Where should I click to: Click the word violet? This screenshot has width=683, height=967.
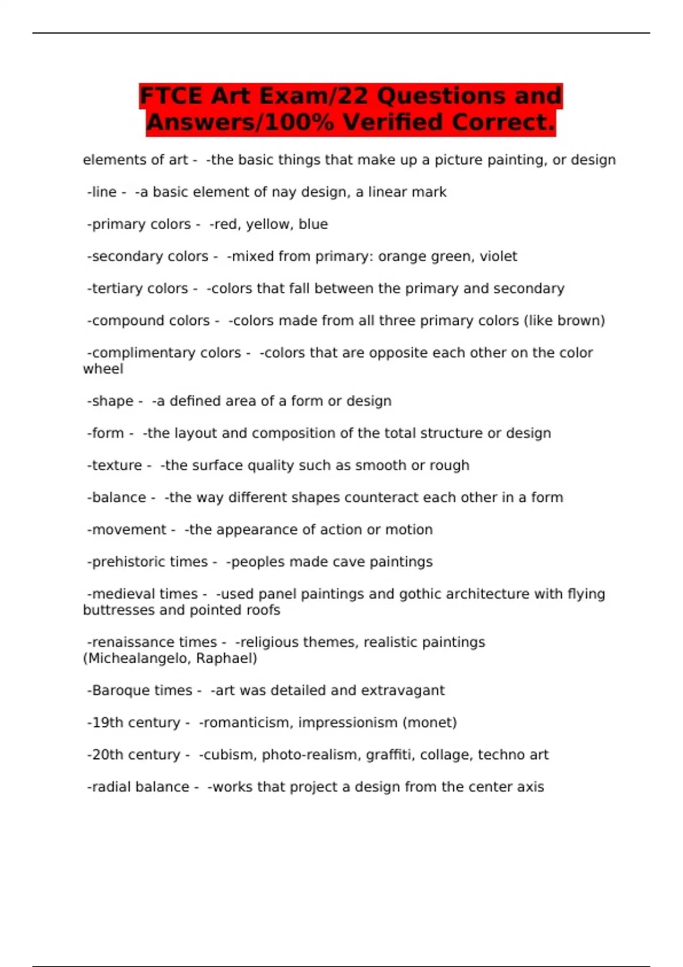(x=498, y=257)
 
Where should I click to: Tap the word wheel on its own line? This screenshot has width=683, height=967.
(x=103, y=369)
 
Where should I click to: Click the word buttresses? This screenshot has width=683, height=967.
(x=118, y=610)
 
